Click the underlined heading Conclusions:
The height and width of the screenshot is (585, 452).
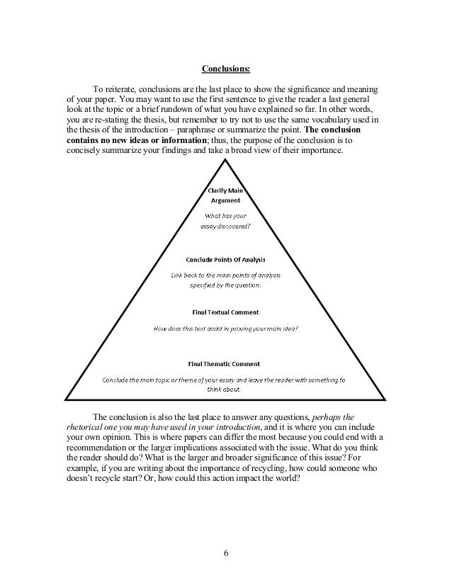point(225,69)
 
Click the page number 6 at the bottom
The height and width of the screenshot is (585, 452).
point(226,552)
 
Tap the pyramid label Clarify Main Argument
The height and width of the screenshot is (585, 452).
point(226,195)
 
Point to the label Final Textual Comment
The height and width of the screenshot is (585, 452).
point(226,312)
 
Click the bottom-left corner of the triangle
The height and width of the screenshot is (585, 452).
point(64,400)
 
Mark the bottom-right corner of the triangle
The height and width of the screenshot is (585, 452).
point(387,400)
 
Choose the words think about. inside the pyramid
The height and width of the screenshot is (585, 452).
point(225,389)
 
